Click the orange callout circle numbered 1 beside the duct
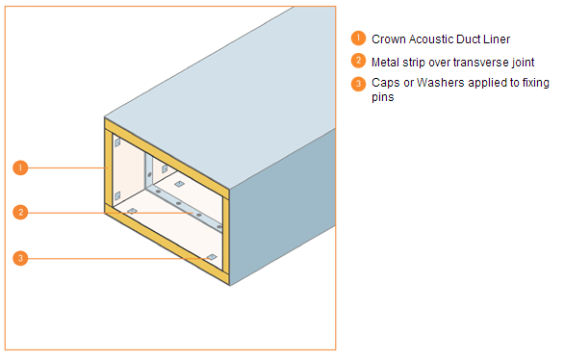[19, 167]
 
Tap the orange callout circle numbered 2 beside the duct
[19, 212]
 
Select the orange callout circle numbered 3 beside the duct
[19, 257]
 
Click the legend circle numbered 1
[358, 39]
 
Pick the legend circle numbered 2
[358, 61]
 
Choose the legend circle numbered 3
[358, 83]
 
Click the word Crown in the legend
[389, 39]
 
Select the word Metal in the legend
[387, 62]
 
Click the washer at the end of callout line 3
[210, 256]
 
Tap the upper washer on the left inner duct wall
[117, 143]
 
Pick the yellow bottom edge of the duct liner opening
[164, 244]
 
